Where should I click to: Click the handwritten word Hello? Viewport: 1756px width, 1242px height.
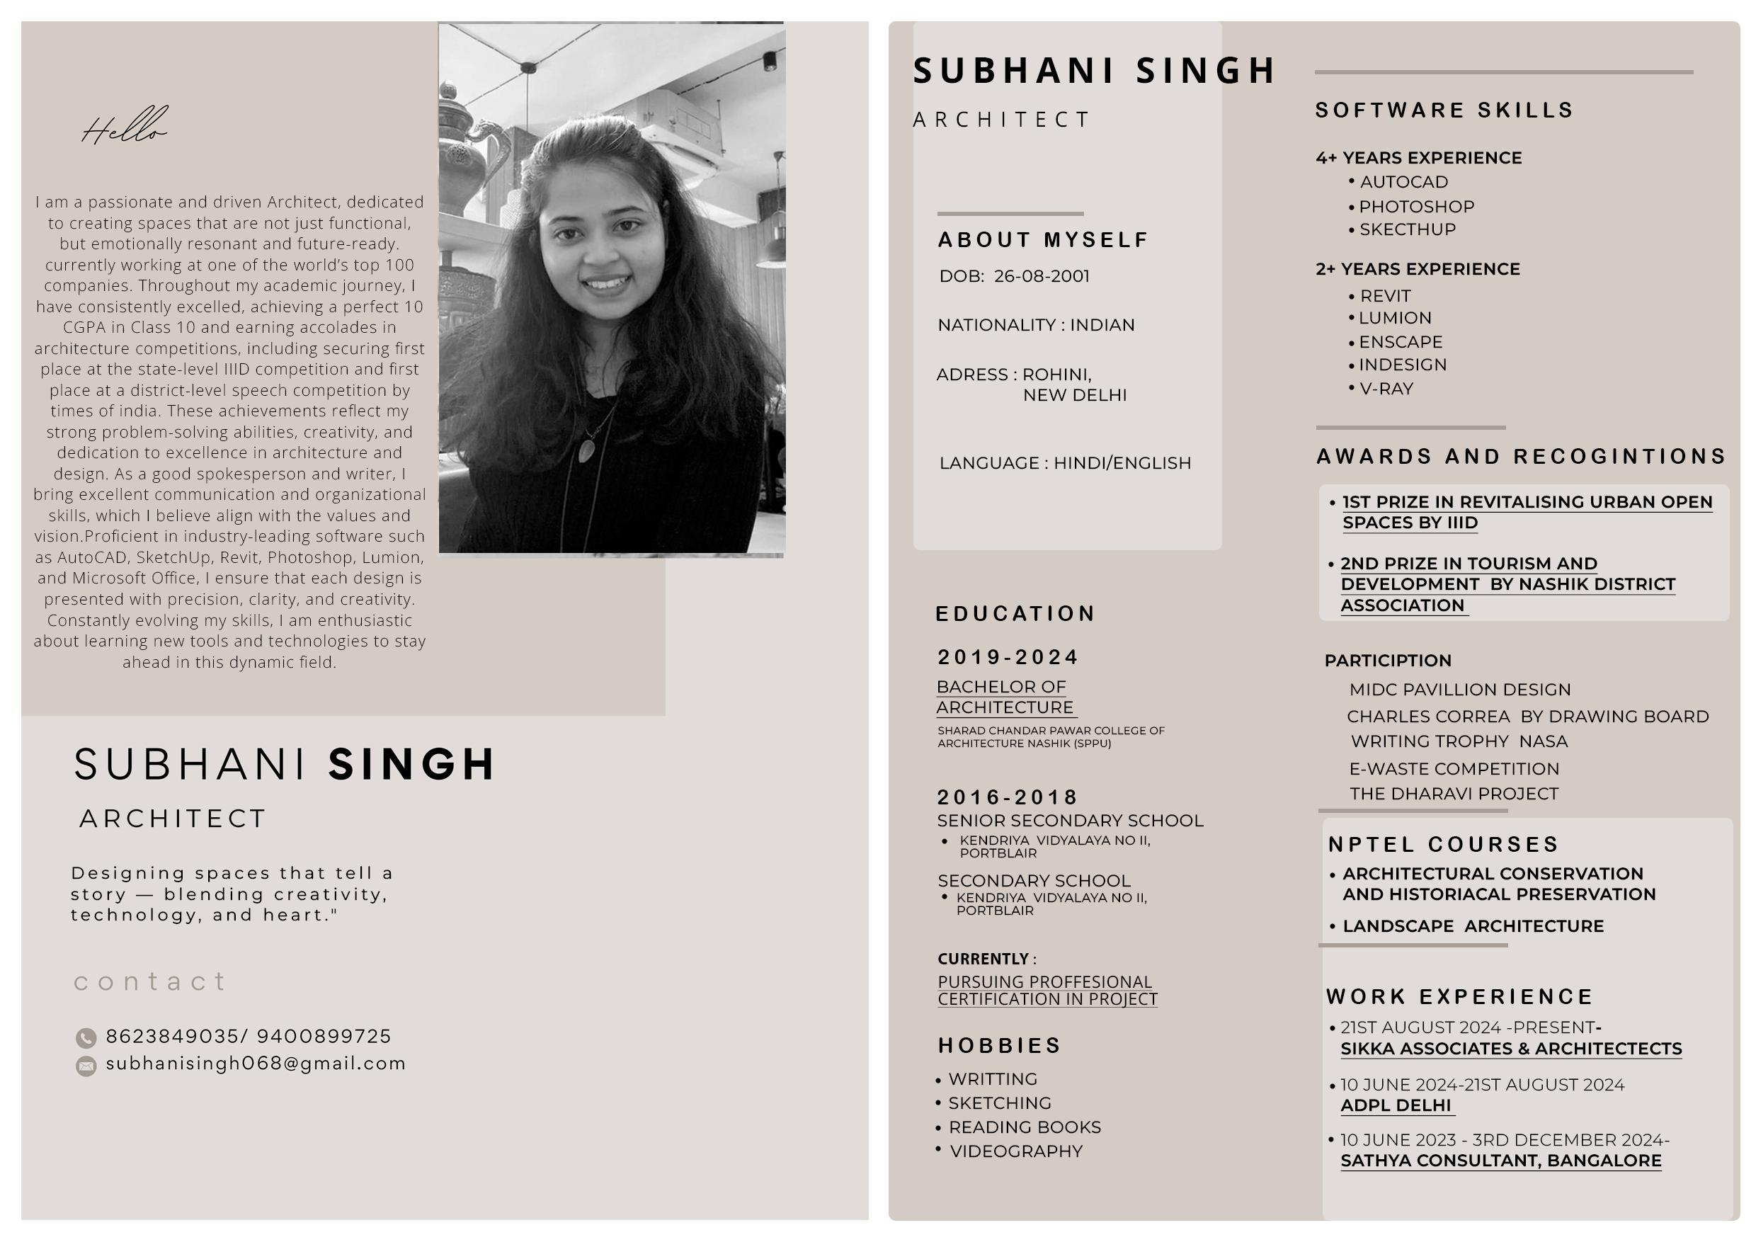124,127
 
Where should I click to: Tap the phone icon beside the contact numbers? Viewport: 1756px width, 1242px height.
86,1038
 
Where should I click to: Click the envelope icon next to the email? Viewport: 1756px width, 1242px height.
86,1066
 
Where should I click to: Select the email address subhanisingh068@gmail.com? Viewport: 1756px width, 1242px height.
256,1064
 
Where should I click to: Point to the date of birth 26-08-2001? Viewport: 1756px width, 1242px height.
1041,277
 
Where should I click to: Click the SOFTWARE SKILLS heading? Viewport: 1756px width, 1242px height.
1444,111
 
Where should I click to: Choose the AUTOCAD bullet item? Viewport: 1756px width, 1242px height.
1403,183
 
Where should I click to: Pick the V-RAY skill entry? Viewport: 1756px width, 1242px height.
1386,389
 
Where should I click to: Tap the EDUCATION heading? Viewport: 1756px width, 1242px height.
1015,614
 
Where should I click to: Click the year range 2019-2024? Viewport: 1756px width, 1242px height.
1008,658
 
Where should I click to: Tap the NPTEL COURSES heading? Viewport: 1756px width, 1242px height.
1443,845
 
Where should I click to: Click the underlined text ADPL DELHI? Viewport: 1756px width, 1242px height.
1396,1106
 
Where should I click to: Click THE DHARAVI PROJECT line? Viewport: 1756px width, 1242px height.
1453,794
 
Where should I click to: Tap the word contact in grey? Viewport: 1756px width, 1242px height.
150,982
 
